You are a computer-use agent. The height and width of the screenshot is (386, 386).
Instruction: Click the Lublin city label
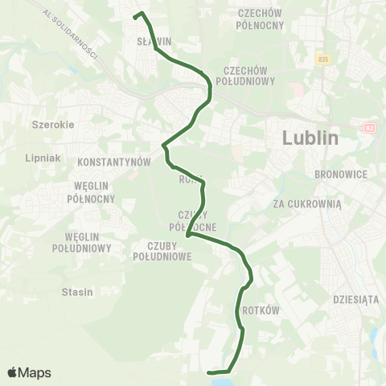click(310, 138)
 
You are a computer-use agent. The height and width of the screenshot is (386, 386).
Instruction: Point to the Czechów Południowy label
click(249, 76)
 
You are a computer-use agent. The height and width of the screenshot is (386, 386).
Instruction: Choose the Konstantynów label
click(115, 162)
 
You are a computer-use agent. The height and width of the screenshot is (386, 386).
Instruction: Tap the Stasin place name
click(77, 292)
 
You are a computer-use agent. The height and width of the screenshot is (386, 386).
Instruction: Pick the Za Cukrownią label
click(307, 204)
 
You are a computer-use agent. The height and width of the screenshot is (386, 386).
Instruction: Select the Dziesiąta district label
click(355, 299)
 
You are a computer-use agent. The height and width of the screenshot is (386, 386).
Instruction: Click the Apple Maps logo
click(29, 372)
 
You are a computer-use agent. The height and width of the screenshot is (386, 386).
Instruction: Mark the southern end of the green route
click(209, 372)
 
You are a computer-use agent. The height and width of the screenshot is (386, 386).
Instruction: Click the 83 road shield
click(369, 127)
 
